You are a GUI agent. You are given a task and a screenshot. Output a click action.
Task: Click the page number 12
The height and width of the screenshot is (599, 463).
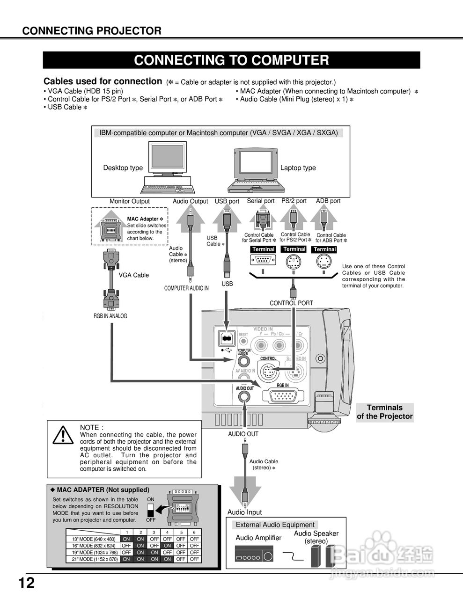click(x=27, y=583)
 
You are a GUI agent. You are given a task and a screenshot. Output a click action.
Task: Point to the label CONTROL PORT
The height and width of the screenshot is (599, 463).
click(x=291, y=303)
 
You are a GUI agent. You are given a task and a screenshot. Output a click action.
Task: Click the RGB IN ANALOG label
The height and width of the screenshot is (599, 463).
click(x=110, y=316)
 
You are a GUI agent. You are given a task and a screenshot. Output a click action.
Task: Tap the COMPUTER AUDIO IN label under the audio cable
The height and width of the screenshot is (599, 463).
click(x=186, y=288)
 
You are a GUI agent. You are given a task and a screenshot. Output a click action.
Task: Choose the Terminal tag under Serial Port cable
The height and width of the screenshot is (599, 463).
click(x=263, y=249)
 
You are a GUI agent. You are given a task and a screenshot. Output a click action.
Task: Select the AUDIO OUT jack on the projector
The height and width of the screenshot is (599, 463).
click(x=244, y=397)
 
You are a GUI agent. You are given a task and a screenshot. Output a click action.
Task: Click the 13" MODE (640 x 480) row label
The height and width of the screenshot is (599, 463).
click(x=94, y=539)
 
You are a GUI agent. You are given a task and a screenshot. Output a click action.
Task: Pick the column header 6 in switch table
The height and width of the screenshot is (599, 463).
click(x=194, y=532)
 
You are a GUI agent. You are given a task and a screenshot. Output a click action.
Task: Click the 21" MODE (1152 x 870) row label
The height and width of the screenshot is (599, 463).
click(x=94, y=559)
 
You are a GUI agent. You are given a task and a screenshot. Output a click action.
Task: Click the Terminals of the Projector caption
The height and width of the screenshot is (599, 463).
click(x=384, y=412)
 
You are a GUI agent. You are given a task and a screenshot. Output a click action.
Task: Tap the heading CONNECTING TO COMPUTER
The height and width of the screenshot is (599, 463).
click(x=231, y=60)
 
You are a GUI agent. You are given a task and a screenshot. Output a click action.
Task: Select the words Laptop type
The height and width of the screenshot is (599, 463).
click(x=298, y=168)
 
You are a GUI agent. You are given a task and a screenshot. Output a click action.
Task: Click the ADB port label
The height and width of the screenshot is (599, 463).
click(x=328, y=201)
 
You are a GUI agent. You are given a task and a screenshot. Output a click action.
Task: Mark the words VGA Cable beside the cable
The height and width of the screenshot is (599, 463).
click(x=133, y=275)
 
